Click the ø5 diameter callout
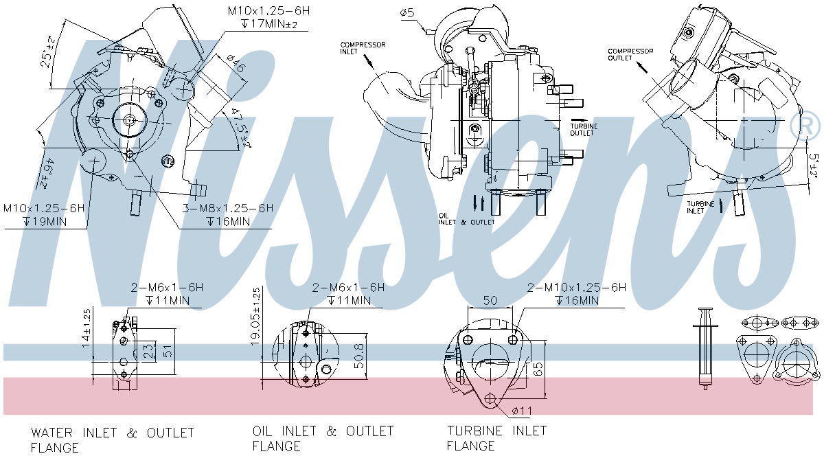(406, 13)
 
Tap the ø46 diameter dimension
(231, 66)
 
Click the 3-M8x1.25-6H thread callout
(227, 208)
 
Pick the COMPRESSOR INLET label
(363, 48)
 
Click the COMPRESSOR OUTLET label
(630, 54)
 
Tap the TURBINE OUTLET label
(584, 130)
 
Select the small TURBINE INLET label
(701, 207)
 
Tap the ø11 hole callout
(523, 411)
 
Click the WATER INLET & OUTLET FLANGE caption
(113, 440)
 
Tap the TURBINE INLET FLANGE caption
(496, 438)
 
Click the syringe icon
(704, 347)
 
